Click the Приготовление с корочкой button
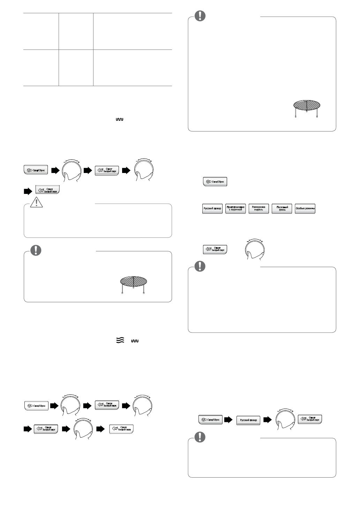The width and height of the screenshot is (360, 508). [235, 208]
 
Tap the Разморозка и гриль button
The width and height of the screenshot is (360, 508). [258, 208]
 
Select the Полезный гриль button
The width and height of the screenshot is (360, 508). [282, 208]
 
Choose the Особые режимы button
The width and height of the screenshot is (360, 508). [305, 208]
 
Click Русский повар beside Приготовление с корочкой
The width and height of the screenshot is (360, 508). [212, 208]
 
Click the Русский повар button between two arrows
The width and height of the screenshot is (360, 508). [248, 420]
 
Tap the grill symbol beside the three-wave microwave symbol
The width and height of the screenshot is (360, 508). [135, 341]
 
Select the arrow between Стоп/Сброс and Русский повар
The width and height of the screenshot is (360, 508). [228, 420]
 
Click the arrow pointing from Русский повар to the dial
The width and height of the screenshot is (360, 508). [267, 420]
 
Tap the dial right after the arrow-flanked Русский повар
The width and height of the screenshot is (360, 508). [284, 420]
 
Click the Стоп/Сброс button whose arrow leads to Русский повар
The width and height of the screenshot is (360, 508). [210, 419]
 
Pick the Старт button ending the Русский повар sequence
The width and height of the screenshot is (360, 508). [310, 419]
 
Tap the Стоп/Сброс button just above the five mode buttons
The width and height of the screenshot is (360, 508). [215, 182]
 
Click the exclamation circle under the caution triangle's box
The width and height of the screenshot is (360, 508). [36, 250]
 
